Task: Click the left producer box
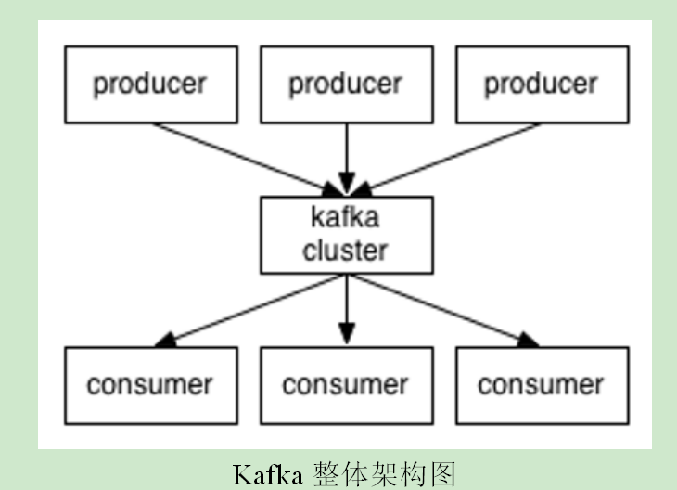click(149, 84)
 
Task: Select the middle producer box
click(346, 84)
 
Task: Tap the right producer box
click(542, 84)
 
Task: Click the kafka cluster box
click(346, 235)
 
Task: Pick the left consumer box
click(149, 385)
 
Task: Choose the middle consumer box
click(346, 385)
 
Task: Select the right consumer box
click(542, 385)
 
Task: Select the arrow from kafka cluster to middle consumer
click(346, 306)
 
